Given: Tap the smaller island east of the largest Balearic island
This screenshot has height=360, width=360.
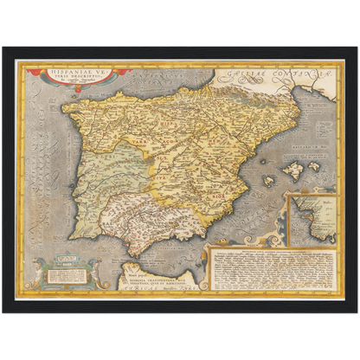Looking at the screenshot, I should (319, 153).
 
